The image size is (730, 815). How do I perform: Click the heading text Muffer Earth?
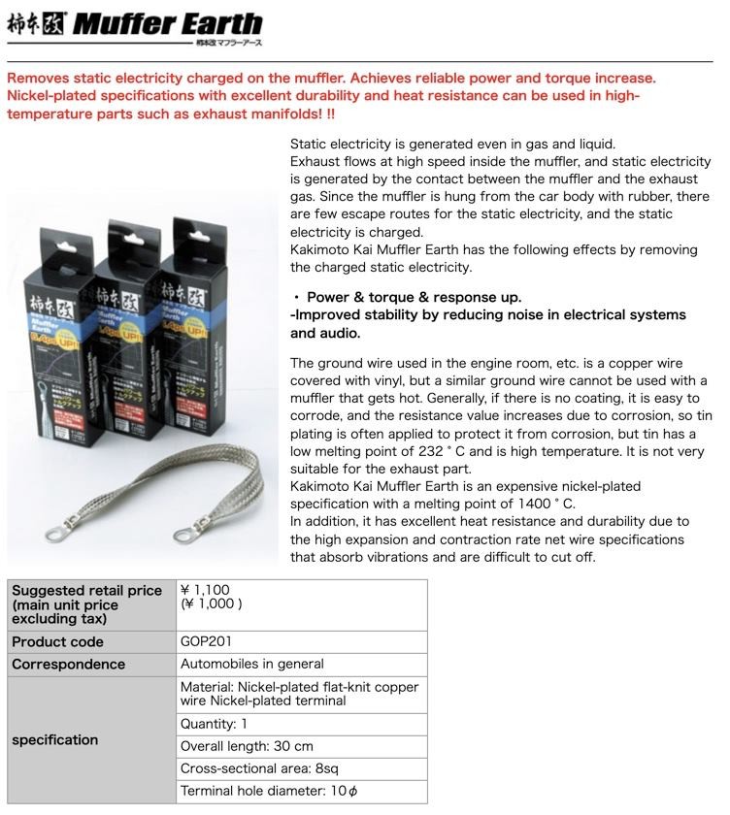167,23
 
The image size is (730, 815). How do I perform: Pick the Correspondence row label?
68,665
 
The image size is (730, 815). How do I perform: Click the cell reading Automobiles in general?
251,665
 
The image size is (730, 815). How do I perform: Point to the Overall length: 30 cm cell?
247,747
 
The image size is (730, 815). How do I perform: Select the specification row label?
54,740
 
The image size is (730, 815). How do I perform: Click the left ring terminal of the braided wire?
54,532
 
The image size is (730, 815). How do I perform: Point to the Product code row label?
57,642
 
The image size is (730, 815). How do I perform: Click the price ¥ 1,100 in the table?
205,590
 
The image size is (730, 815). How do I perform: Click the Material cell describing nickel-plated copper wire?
299,694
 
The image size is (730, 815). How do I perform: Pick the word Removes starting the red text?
36,78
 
